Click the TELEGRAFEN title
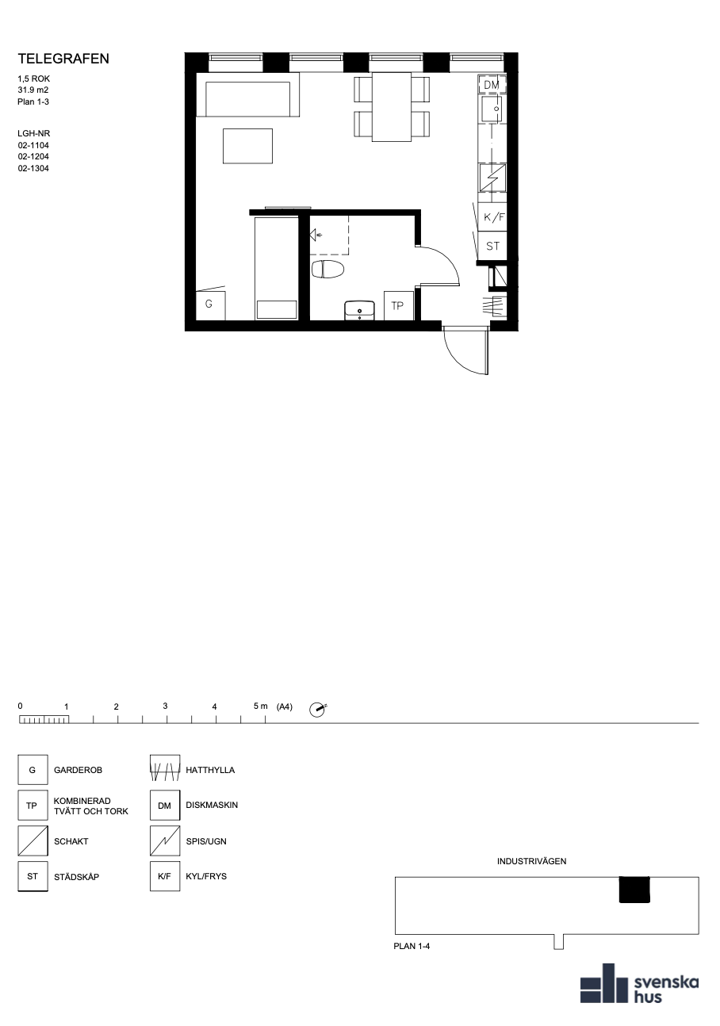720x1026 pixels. click(63, 59)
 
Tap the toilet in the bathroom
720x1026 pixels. click(327, 270)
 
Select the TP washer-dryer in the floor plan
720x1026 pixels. click(399, 305)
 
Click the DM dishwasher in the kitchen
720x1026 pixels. click(492, 85)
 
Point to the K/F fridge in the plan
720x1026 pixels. click(492, 216)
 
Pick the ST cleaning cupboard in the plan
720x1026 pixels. click(492, 246)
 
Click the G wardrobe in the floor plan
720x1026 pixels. click(210, 304)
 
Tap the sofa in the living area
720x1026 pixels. click(247, 95)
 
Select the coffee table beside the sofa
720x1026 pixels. click(247, 146)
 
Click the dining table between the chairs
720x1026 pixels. click(392, 107)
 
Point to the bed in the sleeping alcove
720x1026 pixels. click(277, 269)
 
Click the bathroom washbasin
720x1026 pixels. click(359, 311)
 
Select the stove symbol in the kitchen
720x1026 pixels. click(493, 178)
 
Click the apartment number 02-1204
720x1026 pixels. click(33, 157)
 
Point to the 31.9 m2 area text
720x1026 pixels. click(33, 90)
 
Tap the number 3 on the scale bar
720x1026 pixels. click(166, 706)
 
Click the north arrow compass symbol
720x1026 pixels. click(317, 710)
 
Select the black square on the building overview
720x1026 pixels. click(634, 890)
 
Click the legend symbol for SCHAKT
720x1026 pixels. click(33, 841)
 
